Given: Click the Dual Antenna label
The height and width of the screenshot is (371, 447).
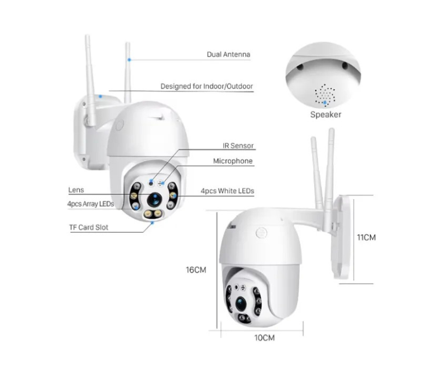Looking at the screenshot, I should coord(228,55).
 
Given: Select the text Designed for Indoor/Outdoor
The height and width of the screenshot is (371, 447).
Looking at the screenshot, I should coord(207,86).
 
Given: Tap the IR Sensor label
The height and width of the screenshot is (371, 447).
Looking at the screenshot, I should coord(238,146).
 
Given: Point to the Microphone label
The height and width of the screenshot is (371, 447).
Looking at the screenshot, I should coord(233,161).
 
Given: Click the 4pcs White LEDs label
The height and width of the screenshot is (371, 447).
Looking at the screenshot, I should coord(227,191).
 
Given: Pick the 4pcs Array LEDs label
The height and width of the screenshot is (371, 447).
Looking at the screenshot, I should coord(90,204).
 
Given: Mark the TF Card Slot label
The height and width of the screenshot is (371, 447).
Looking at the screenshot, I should coord(89,227).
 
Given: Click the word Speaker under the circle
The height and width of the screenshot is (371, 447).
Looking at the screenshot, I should coord(325,115).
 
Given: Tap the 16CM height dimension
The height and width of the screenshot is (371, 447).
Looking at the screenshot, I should coord(196,270).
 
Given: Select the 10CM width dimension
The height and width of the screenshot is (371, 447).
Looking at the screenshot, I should coord(264,338).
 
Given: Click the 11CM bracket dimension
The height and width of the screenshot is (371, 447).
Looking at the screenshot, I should coord(366,237).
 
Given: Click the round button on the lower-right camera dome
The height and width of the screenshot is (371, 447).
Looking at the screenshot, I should coord(262,233).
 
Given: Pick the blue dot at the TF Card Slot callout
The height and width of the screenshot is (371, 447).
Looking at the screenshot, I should coord(153,223).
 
